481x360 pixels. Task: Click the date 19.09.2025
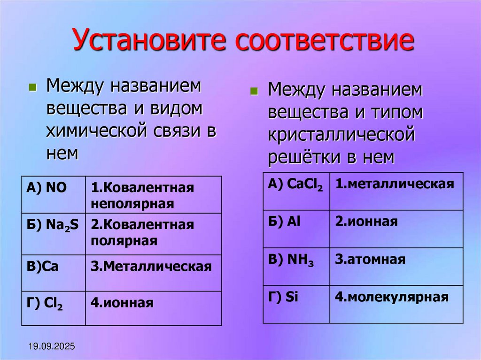[x=51, y=347]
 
